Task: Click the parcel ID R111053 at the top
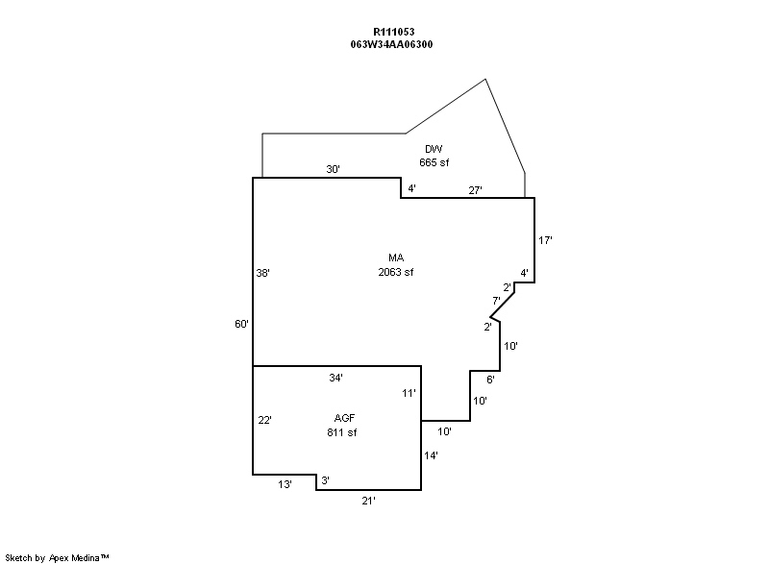point(394,32)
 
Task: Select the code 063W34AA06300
point(391,44)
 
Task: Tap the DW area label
point(434,149)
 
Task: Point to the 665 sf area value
point(434,162)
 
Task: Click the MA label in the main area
point(396,257)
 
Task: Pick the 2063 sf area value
point(396,272)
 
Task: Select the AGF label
point(344,418)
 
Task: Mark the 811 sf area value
point(342,432)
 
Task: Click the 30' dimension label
point(333,169)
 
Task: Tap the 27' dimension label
point(475,190)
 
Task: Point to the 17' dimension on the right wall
point(545,240)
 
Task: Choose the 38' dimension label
point(262,273)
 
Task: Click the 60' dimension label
point(242,324)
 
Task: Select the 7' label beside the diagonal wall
point(496,301)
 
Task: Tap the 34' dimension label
point(335,378)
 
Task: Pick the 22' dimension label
point(265,421)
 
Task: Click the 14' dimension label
point(431,455)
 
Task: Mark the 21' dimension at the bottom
point(369,501)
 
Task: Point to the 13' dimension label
point(285,484)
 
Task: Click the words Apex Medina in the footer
point(75,558)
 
